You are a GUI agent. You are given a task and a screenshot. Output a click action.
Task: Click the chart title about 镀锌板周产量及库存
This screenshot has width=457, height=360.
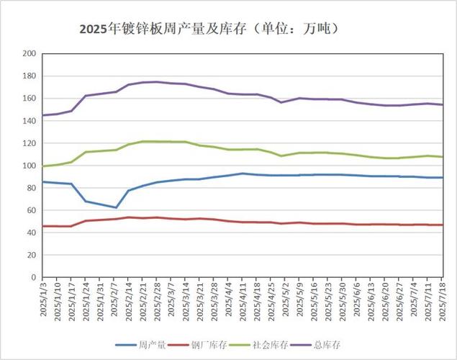(209, 30)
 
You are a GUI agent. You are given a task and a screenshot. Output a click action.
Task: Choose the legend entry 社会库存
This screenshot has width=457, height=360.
(271, 345)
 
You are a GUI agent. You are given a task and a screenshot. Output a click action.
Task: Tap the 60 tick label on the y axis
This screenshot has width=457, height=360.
(31, 210)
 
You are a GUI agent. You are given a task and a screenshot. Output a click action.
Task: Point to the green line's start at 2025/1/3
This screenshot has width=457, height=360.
(42, 166)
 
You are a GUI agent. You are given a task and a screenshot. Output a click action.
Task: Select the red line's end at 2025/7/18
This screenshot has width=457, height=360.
(442, 225)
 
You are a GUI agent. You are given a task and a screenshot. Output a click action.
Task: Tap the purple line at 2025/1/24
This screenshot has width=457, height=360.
(86, 96)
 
